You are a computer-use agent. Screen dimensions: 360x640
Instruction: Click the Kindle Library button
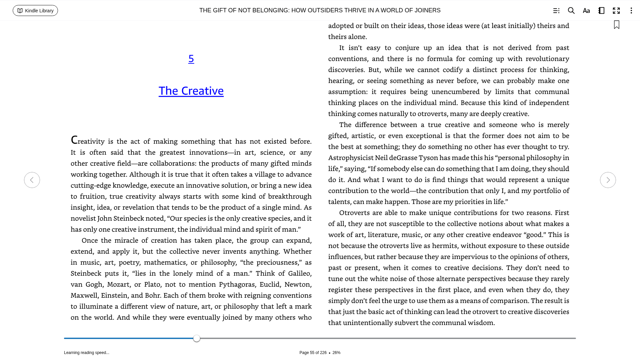point(35,11)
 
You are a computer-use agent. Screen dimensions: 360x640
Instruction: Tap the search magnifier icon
point(571,11)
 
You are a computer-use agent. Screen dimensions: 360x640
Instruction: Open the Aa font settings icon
point(586,11)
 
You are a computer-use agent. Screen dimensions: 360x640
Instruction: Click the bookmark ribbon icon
point(617,25)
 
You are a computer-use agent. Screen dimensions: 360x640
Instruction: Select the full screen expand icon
point(616,11)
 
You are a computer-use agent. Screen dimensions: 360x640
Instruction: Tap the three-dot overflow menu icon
point(631,11)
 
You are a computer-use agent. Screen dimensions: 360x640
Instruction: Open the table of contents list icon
point(556,11)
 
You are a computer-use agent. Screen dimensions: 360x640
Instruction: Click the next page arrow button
point(608,180)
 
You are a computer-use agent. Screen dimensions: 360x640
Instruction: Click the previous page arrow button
point(32,180)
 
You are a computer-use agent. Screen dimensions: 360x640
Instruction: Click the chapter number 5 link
point(191,59)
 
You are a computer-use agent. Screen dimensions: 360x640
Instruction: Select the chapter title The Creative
point(191,91)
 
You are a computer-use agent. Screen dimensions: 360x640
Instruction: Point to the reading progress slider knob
point(197,338)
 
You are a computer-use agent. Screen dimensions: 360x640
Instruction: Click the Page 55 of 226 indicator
point(313,353)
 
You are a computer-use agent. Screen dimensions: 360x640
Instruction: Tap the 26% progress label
point(336,353)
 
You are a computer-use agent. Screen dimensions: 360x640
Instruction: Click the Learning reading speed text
point(87,353)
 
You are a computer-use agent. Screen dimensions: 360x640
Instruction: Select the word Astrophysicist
point(350,158)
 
